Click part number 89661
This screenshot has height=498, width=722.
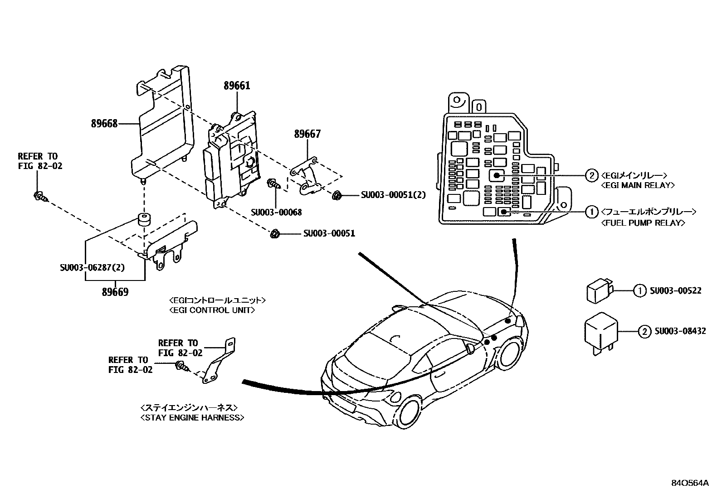(x=236, y=86)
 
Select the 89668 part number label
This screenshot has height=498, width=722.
(x=104, y=123)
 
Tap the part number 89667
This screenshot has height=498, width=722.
(x=307, y=134)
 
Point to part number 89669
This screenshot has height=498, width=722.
(x=115, y=292)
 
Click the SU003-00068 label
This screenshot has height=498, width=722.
(x=276, y=212)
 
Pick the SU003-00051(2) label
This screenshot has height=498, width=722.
(x=394, y=195)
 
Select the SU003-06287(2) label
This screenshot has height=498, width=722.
(x=92, y=267)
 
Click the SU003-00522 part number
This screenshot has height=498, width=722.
(x=675, y=290)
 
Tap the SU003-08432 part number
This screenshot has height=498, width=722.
(x=680, y=331)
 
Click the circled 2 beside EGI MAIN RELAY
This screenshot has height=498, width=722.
(x=591, y=175)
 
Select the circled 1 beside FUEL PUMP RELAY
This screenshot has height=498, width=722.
(x=591, y=212)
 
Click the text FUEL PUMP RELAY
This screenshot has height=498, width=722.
(x=643, y=222)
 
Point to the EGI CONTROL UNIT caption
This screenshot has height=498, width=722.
(x=212, y=310)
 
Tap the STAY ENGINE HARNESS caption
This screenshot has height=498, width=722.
(x=192, y=417)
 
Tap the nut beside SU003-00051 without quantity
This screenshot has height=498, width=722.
(x=274, y=234)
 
